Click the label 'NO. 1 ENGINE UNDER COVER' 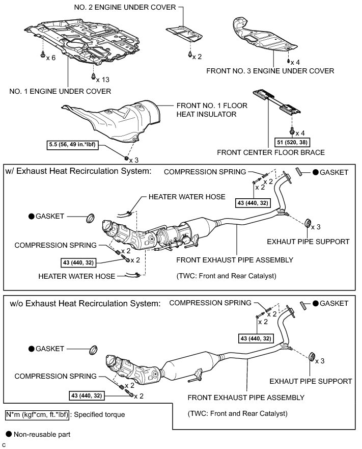coord(60,92)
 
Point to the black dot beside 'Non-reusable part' coord(9,435)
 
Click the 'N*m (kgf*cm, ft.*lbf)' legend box coord(37,415)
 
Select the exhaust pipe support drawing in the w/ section coord(307,224)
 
